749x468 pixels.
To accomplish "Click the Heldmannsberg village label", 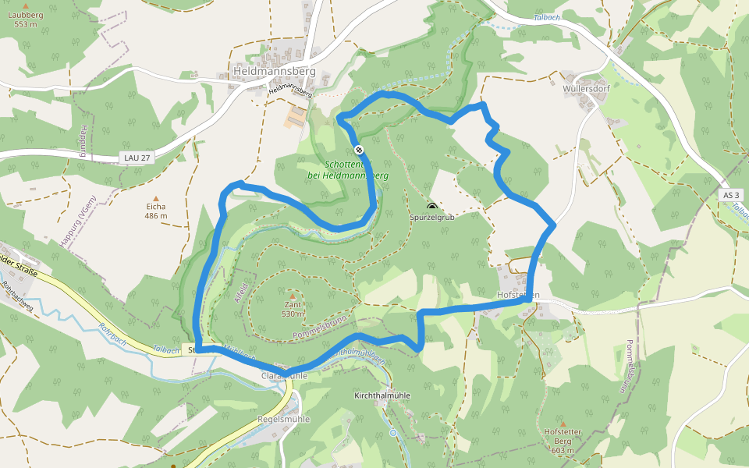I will coord(274,72).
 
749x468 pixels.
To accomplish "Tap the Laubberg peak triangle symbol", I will coord(26,5).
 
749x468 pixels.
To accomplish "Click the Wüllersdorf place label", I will coord(586,88).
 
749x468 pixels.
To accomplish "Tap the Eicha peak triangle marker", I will coord(155,198).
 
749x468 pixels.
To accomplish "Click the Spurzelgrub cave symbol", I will coord(432,207).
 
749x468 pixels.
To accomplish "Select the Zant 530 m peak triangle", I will coord(293,296).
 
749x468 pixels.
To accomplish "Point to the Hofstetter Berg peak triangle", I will coord(562,423).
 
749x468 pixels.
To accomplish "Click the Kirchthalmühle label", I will coord(382,395).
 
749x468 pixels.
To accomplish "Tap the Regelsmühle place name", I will coord(283,419).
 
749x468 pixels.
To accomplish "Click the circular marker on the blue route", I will coord(359,150).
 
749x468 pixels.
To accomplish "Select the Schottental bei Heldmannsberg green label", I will coord(348,170).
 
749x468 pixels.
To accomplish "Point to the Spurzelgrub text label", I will coord(432,218).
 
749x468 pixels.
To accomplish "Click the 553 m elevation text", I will coord(26,24).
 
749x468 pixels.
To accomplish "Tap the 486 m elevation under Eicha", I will coord(155,216).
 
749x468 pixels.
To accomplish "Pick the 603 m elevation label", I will coord(562,450).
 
